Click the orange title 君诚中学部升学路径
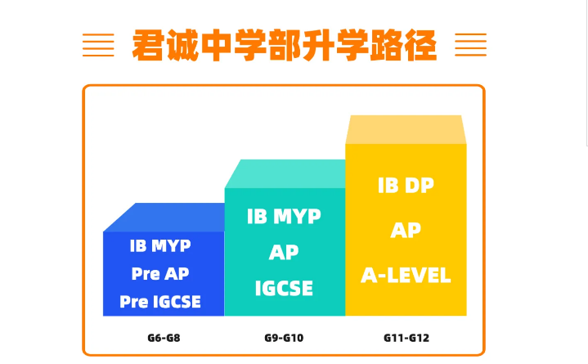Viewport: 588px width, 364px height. (x=285, y=46)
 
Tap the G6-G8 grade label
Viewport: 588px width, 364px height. (x=164, y=338)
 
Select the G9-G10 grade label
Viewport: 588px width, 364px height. (x=284, y=338)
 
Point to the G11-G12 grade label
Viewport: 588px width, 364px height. (x=406, y=338)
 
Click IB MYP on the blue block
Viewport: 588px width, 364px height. (x=160, y=245)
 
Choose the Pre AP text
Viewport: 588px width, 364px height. (x=160, y=273)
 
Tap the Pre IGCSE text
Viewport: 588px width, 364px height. (x=160, y=302)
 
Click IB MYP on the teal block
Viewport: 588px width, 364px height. (x=284, y=216)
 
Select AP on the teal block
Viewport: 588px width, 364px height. (x=284, y=252)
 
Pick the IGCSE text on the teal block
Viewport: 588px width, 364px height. (x=284, y=288)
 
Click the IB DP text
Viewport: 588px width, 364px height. (x=406, y=186)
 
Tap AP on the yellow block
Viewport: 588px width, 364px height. (x=406, y=230)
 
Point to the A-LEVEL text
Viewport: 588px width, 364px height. (x=406, y=275)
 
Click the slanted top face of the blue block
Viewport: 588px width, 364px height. (x=164, y=218)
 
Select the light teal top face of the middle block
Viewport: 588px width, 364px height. (x=285, y=173)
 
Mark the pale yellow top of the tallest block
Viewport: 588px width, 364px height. (x=406, y=129)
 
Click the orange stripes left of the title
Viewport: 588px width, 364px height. (x=98, y=45)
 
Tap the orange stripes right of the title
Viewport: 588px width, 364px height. (x=470, y=45)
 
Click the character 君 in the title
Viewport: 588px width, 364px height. (x=148, y=46)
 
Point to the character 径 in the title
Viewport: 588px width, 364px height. (x=420, y=46)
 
